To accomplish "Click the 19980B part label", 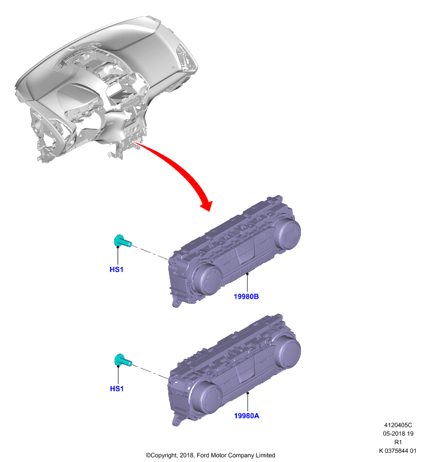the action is pyautogui.click(x=246, y=296).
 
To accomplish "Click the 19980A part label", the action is pyautogui.click(x=246, y=416).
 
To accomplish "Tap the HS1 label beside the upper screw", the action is pyautogui.click(x=116, y=269).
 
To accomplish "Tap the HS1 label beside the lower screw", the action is pyautogui.click(x=117, y=389).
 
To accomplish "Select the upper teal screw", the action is pyautogui.click(x=122, y=241).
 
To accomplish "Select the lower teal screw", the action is pyautogui.click(x=122, y=360).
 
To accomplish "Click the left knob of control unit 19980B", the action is pyautogui.click(x=207, y=280).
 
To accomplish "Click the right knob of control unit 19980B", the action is pyautogui.click(x=286, y=234).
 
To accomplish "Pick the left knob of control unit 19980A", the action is pyautogui.click(x=207, y=399).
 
